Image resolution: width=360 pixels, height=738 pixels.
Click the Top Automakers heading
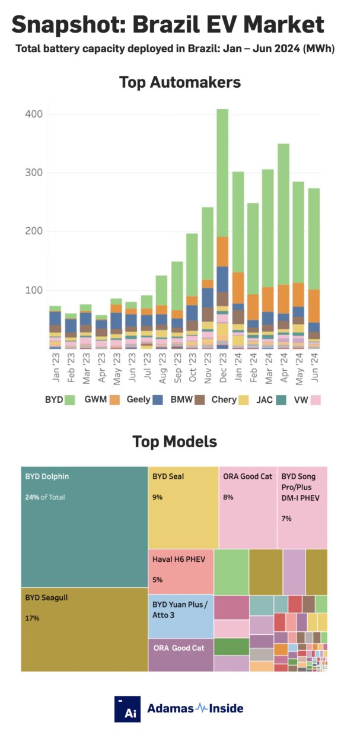click(180, 82)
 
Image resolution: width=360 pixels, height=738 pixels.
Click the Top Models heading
click(174, 442)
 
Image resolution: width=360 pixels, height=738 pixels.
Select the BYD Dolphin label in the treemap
click(46, 476)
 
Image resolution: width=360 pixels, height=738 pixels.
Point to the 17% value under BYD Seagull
click(32, 618)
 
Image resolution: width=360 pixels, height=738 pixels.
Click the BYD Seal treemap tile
click(183, 507)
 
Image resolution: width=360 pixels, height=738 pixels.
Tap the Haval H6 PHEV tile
click(180, 571)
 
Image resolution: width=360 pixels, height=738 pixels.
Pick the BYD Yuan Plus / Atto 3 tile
click(180, 616)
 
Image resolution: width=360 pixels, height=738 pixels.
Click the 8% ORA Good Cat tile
click(247, 507)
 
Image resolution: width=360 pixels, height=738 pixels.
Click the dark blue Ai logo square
click(128, 709)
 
